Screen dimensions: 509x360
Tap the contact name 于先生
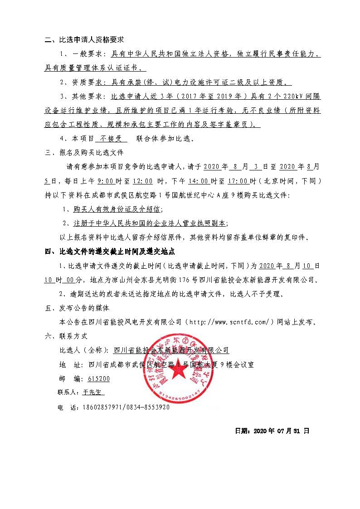point(93,393)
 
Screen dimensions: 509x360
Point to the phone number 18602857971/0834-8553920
point(126,407)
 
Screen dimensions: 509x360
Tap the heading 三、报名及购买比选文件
point(84,152)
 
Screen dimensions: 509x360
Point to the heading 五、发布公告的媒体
point(78,308)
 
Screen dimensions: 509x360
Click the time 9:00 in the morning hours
point(105,181)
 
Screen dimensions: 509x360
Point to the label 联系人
point(68,393)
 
